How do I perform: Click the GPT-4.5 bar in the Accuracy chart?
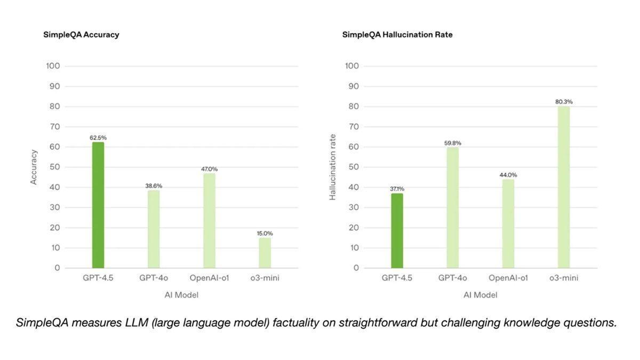(x=98, y=205)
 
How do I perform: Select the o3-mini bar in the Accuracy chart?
(x=265, y=253)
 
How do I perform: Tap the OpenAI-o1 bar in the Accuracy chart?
(x=209, y=221)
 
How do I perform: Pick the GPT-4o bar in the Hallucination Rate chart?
(x=452, y=207)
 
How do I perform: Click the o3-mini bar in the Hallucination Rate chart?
(x=564, y=187)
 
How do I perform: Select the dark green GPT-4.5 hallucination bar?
(x=397, y=230)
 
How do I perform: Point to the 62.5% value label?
(x=98, y=138)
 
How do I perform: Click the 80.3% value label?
(x=564, y=102)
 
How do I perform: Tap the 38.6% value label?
(x=154, y=186)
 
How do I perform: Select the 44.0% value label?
(x=508, y=175)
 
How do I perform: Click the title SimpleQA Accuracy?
(x=81, y=35)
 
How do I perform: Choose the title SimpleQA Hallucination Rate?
(x=397, y=35)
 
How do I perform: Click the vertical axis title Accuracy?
(x=34, y=167)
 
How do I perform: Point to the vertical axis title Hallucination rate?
(x=333, y=167)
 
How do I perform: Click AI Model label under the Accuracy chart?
(x=181, y=295)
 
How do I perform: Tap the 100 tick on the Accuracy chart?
(x=53, y=66)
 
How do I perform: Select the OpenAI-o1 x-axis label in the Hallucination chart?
(x=508, y=278)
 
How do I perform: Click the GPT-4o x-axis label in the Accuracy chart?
(x=154, y=278)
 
